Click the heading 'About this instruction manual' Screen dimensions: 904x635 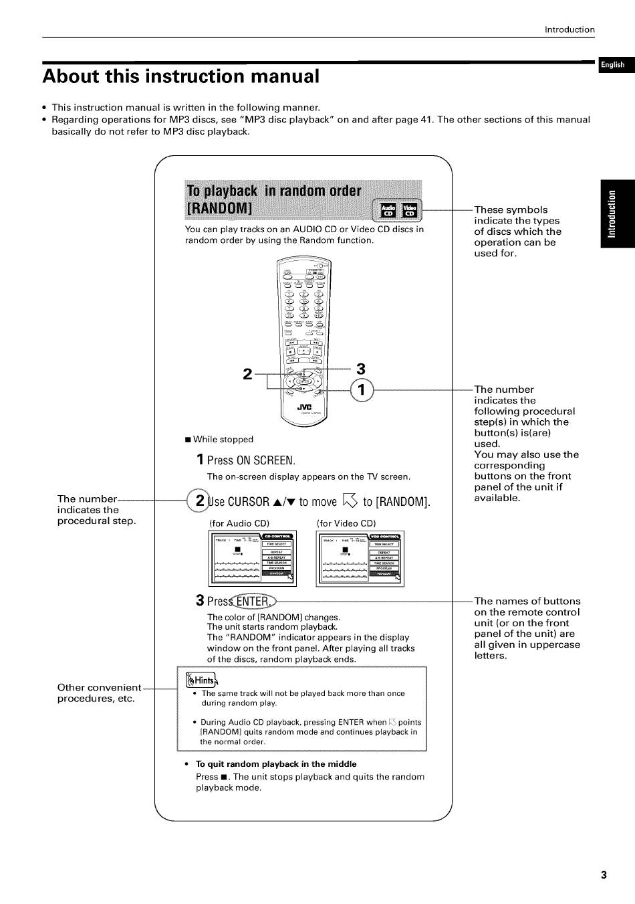[181, 76]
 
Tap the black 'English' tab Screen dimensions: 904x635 [612, 65]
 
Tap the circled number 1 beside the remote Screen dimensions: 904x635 [361, 389]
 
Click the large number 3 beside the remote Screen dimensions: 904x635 [361, 369]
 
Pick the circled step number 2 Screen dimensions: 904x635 [199, 501]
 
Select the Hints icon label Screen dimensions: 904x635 [201, 681]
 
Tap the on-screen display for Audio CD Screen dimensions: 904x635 [253, 557]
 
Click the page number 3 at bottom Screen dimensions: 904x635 [604, 875]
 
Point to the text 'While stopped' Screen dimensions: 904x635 [223, 440]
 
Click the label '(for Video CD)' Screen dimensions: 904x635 [346, 523]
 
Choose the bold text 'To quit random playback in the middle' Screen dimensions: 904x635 [275, 764]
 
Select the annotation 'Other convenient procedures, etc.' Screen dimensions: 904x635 [98, 693]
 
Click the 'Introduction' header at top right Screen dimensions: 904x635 [569, 29]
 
